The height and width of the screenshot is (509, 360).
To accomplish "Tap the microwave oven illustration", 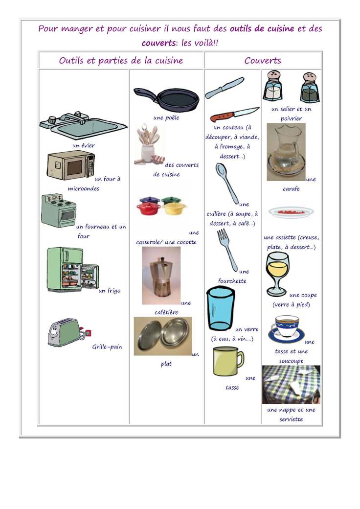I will click(x=70, y=165).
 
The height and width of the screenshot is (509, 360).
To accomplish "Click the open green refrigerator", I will click(x=71, y=270).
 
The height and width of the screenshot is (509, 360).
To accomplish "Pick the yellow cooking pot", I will click(x=174, y=207).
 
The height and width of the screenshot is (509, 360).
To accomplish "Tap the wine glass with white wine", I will click(x=277, y=273).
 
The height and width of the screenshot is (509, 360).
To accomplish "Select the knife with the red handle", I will click(x=233, y=115).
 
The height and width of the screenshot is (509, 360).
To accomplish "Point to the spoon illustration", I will click(x=226, y=182).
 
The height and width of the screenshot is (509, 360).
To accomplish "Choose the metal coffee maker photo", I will click(x=161, y=275).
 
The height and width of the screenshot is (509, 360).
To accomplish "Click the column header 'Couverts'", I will click(x=263, y=61).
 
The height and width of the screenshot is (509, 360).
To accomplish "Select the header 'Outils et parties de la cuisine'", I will click(x=121, y=61).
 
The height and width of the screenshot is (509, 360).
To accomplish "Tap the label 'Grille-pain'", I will click(x=107, y=347).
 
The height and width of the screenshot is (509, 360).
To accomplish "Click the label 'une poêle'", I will click(x=166, y=117).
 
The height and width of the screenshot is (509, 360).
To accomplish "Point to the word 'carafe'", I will click(x=291, y=188).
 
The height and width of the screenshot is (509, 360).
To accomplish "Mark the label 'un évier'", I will click(x=84, y=145).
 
